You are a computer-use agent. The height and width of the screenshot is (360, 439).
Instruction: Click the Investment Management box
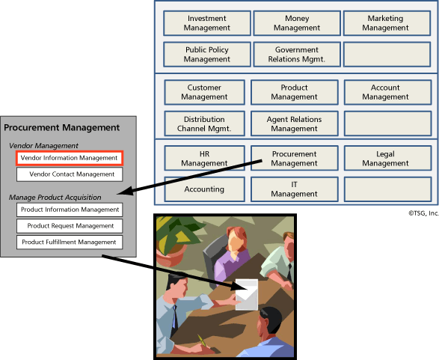(x=207, y=23)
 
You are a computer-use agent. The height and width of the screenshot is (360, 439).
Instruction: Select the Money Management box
(x=296, y=23)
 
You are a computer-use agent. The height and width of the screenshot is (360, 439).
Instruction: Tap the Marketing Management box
(x=385, y=23)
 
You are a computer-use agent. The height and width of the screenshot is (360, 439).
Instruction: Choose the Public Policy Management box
(x=207, y=55)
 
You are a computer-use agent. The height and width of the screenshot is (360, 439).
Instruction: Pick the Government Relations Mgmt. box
(x=296, y=55)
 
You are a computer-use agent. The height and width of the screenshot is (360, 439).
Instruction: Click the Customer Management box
(x=204, y=92)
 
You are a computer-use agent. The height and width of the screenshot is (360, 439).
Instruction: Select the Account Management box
(x=385, y=92)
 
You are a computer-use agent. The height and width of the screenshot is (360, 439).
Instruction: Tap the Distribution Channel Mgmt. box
(x=204, y=123)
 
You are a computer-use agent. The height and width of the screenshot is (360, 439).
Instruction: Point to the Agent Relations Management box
(x=294, y=123)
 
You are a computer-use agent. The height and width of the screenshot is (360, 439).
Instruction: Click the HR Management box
(x=204, y=158)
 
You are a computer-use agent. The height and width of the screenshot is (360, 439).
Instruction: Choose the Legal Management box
(x=385, y=158)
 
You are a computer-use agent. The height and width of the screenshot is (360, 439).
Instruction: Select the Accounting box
(x=204, y=189)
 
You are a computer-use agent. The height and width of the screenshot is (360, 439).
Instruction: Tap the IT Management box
(x=294, y=189)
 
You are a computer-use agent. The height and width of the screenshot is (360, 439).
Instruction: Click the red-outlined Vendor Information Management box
(x=70, y=158)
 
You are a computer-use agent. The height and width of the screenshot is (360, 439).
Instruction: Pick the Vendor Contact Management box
(x=70, y=174)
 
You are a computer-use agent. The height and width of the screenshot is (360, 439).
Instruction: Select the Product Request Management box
(x=70, y=226)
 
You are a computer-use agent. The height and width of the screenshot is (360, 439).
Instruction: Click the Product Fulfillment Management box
(x=70, y=242)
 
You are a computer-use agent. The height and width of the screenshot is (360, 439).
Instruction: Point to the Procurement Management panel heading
(x=62, y=128)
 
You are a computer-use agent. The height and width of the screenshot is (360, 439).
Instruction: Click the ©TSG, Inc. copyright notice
(x=423, y=213)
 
